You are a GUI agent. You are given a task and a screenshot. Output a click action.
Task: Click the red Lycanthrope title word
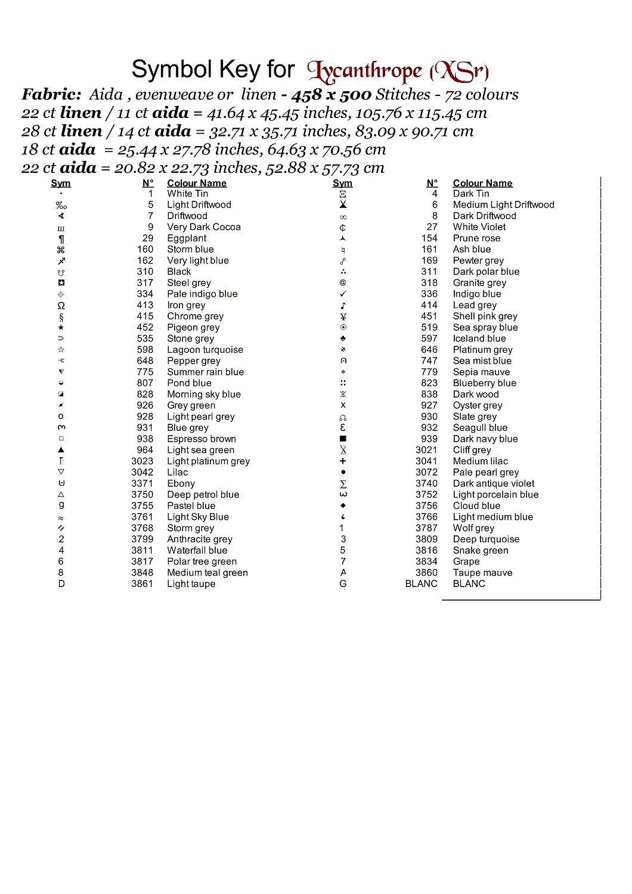point(365,72)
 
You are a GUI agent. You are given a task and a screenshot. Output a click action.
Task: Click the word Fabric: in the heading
point(51,94)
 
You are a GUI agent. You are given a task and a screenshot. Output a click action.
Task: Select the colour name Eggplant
point(187,238)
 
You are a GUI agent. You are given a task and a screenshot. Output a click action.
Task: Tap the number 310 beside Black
point(145,272)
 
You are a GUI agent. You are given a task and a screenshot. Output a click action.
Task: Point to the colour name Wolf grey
point(473,528)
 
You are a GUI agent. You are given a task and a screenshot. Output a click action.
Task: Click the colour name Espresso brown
point(202,439)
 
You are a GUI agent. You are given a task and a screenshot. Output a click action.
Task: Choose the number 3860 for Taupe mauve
point(426,573)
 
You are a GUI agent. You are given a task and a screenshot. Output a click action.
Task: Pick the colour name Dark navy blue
point(485,439)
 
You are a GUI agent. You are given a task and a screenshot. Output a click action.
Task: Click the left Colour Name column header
point(197,184)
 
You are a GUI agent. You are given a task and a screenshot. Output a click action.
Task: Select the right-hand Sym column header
point(342,184)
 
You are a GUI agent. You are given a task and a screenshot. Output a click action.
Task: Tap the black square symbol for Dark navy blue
point(343,439)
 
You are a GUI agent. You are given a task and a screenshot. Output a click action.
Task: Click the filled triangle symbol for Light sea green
point(61,450)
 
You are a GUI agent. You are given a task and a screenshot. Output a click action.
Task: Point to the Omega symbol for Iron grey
point(61,305)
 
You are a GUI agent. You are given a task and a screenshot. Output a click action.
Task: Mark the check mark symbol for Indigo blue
point(343,294)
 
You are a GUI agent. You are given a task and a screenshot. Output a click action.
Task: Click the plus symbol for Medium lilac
point(343,461)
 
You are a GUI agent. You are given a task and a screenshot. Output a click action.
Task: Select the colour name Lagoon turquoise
point(205,350)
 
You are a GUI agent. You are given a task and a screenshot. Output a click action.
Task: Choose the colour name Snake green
point(481,551)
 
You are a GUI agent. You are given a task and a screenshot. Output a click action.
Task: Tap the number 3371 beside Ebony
point(142,484)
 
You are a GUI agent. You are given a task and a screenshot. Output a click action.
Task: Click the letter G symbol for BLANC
point(343,584)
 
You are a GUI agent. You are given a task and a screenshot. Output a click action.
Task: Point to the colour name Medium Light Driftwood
point(504,205)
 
